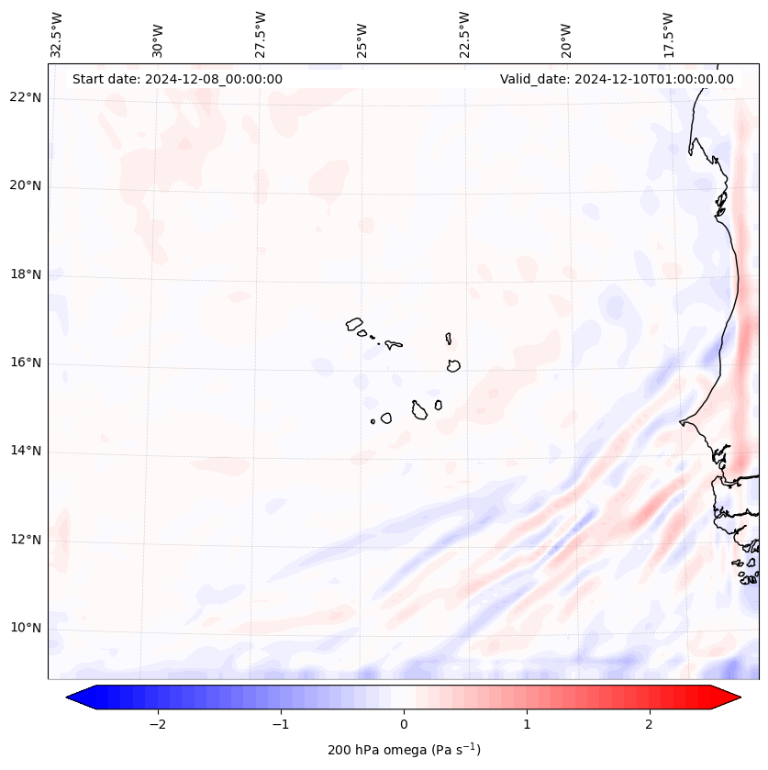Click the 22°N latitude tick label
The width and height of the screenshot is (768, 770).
[x=26, y=98]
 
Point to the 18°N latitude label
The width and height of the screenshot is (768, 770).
[x=26, y=274]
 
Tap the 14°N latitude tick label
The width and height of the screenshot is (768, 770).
[x=26, y=452]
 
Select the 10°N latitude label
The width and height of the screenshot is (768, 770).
[x=26, y=629]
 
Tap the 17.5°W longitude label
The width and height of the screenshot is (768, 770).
[x=668, y=33]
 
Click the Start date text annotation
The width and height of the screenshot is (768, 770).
[x=177, y=79]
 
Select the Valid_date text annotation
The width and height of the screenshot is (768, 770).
[x=617, y=79]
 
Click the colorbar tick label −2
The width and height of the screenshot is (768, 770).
[x=157, y=724]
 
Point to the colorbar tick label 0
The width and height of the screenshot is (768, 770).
[x=404, y=724]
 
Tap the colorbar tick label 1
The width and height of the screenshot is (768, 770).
[x=527, y=724]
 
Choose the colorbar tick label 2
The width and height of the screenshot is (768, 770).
[x=650, y=724]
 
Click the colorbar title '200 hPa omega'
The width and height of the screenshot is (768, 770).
[x=404, y=750]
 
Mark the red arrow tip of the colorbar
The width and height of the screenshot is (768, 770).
[x=739, y=697]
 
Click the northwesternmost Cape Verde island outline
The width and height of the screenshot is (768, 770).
[x=354, y=324]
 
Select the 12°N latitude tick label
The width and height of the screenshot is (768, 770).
[x=26, y=541]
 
